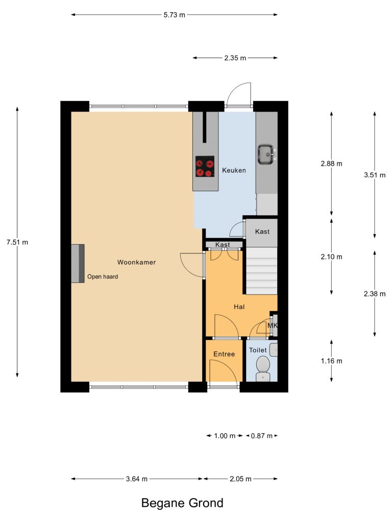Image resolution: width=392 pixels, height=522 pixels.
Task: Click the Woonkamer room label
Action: click(136, 263)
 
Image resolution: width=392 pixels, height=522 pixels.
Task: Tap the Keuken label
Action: click(234, 170)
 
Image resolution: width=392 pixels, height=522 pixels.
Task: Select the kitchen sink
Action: click(266, 154)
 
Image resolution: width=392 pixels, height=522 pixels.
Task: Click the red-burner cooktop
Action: click(205, 167)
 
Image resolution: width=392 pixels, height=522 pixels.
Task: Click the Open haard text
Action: click(103, 277)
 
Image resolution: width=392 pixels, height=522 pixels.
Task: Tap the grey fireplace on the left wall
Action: click(78, 264)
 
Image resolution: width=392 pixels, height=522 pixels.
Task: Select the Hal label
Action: click(239, 307)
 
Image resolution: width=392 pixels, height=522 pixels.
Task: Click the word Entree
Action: click(224, 354)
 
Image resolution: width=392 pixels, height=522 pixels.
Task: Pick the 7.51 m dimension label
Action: click(17, 242)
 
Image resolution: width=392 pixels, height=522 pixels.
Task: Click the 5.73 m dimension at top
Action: click(175, 15)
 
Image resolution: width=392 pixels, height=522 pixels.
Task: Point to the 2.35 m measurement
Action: click(235, 58)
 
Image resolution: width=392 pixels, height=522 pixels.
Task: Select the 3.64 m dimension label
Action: click(137, 479)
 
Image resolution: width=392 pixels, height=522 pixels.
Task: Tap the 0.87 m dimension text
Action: click(262, 436)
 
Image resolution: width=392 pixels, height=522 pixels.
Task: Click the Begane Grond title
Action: click(182, 503)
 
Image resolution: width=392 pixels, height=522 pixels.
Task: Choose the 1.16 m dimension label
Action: click(332, 361)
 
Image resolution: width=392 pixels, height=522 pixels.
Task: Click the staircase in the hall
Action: click(262, 271)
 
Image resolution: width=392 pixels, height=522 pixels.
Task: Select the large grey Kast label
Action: click(262, 232)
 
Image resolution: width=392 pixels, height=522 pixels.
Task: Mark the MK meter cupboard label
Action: click(273, 325)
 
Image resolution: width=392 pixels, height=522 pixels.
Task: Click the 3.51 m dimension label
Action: click(375, 175)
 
